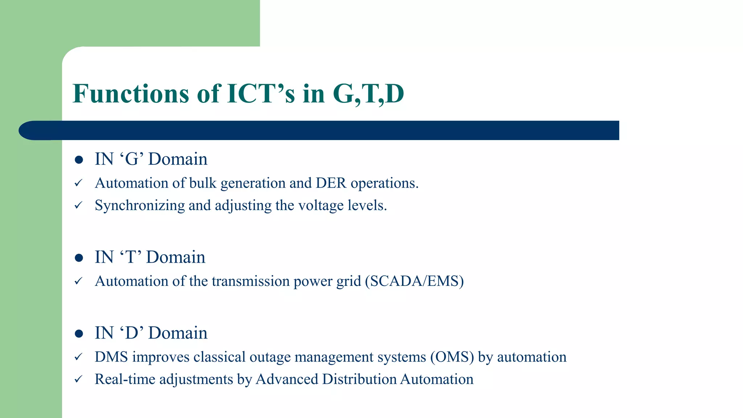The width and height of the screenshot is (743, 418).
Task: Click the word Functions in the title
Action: pos(131,94)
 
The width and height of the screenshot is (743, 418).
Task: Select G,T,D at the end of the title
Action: pos(368,94)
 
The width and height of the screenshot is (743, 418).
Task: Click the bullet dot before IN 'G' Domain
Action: pos(79,160)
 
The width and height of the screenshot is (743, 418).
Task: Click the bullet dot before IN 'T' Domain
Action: pos(79,258)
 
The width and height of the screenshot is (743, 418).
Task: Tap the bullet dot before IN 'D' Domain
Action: pos(79,333)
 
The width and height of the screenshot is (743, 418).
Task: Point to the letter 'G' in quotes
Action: pos(132,159)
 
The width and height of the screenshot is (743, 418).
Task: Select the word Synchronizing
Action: pos(140,205)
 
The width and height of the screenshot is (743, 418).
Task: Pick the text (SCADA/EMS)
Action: pos(414,281)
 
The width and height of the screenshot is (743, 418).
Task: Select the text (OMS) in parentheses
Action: pos(452,357)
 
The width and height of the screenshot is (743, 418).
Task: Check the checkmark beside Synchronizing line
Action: pos(78,205)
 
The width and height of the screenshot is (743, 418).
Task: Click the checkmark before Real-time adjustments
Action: pos(78,379)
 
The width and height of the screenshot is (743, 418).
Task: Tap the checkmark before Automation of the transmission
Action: pos(78,281)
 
